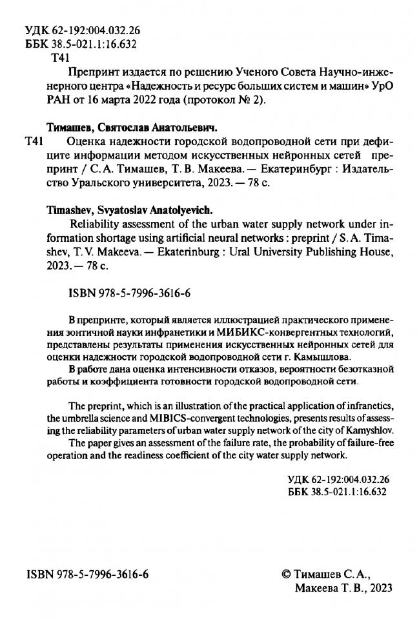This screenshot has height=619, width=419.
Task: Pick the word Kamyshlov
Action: [369, 430]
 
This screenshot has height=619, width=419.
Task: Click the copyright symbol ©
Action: [288, 573]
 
